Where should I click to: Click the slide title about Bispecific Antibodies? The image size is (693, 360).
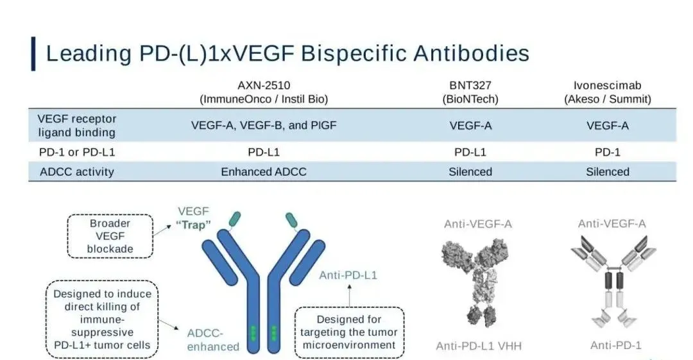click(x=287, y=53)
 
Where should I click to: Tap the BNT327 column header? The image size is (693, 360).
click(x=470, y=92)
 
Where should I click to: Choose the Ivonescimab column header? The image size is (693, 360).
click(x=607, y=92)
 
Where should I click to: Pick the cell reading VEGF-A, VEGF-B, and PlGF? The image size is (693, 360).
click(x=263, y=126)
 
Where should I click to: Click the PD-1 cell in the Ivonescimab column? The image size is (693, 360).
click(x=607, y=153)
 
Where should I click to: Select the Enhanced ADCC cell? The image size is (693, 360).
click(x=263, y=171)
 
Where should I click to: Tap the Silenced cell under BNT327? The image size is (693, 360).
click(x=470, y=171)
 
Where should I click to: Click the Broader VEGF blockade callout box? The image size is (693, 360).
click(x=110, y=236)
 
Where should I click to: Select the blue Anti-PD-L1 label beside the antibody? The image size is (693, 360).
click(x=348, y=275)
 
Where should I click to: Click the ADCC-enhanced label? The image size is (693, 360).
click(x=213, y=339)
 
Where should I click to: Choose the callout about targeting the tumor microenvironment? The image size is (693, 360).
click(x=349, y=332)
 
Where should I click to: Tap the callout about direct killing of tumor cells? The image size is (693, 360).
click(x=103, y=319)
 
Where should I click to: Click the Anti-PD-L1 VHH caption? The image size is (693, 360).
click(x=479, y=346)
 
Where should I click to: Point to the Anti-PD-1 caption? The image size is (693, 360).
click(x=615, y=345)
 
